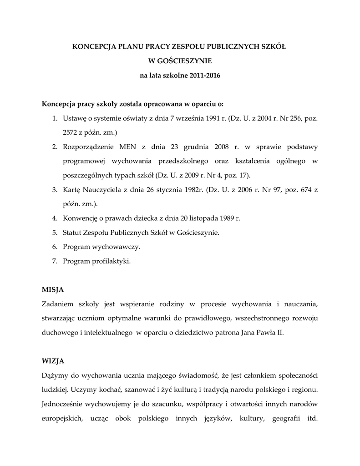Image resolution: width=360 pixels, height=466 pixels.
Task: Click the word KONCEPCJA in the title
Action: (x=94, y=46)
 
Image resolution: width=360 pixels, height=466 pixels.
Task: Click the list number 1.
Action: (x=54, y=119)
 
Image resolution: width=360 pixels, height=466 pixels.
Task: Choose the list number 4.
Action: (x=54, y=218)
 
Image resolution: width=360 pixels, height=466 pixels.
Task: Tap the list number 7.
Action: (x=54, y=261)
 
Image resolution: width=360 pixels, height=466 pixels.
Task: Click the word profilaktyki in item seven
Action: (x=110, y=261)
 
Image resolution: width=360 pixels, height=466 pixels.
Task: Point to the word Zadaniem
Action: (x=57, y=304)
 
